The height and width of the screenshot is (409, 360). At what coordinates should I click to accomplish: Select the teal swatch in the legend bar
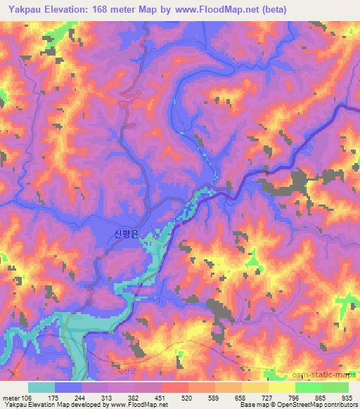(41, 387)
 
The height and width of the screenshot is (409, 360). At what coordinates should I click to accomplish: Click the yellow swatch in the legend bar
(281, 387)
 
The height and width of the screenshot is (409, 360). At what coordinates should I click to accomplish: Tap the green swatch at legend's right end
(335, 387)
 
